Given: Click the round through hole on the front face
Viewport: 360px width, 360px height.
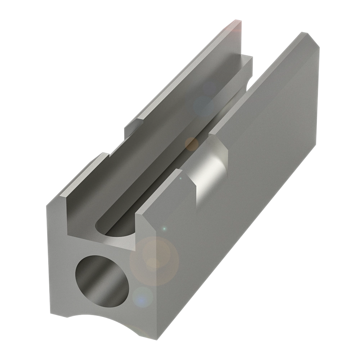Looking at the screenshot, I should coord(102,279).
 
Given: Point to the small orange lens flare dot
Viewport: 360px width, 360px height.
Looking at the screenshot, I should coord(192,144).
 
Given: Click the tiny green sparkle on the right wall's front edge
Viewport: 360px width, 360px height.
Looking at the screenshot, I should coord(164,229).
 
